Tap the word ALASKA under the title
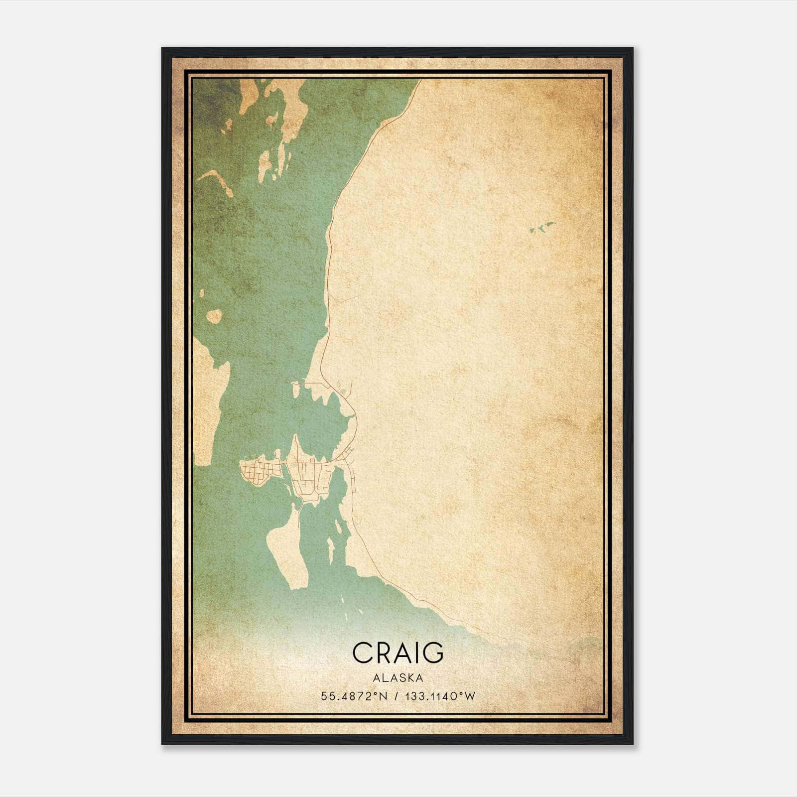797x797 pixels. coord(398,678)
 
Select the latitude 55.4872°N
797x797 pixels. coord(354,696)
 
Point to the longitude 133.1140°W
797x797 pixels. coord(440,696)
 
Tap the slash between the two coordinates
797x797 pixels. coord(396,696)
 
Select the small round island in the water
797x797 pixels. coord(214,316)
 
